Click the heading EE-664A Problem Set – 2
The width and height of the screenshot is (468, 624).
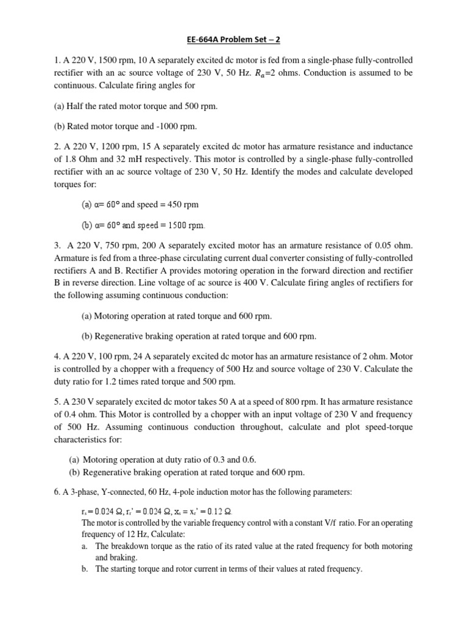click(x=234, y=40)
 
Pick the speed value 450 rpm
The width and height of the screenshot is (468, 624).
click(x=180, y=204)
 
